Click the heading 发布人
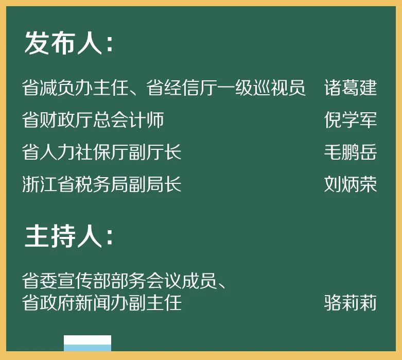pos(63,43)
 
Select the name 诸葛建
pos(350,88)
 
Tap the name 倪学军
pos(350,119)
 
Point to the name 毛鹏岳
pos(350,152)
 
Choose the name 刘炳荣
pos(350,184)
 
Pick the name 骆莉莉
pos(350,303)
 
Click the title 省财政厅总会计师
pos(93,119)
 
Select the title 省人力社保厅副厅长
pos(102,152)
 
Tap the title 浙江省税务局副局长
pos(102,184)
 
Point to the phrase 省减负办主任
pos(75,88)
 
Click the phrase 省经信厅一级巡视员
pos(226,88)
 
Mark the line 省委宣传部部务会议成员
pos(119,281)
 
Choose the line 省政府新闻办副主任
pos(102,303)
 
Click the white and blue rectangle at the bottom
pos(88,343)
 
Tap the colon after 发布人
pos(110,44)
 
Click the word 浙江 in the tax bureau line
pos(40,184)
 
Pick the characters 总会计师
pos(129,119)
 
